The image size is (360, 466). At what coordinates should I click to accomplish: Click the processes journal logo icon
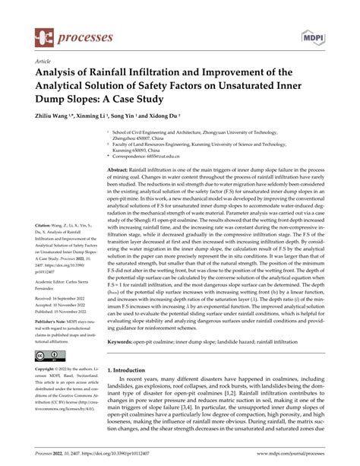pyautogui.click(x=46, y=36)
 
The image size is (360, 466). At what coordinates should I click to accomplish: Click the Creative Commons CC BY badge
pyautogui.click(x=50, y=357)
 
